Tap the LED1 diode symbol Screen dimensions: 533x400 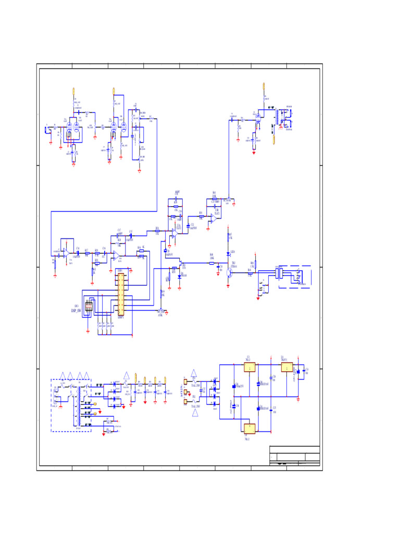click(229, 253)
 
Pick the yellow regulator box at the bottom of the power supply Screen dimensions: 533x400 click(249, 428)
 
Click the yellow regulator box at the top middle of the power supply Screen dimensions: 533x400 click(249, 367)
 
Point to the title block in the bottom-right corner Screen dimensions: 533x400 click(294, 456)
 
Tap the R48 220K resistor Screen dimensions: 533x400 click(211, 263)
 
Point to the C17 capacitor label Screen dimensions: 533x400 click(119, 230)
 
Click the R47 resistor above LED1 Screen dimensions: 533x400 click(229, 237)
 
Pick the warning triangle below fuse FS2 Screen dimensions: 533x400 click(195, 413)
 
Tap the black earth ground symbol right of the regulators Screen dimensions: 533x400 click(299, 399)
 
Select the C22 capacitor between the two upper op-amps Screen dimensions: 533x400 click(188, 225)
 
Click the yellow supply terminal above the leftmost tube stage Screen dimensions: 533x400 click(73, 91)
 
